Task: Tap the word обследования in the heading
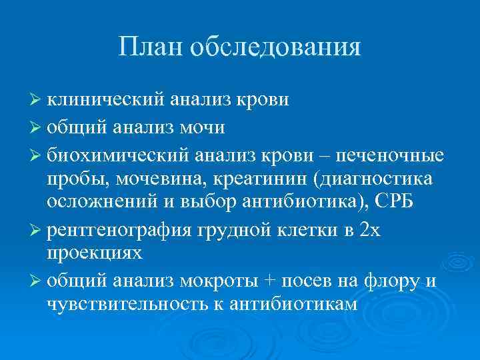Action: [x=275, y=47]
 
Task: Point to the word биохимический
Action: [x=117, y=155]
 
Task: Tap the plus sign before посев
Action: [x=270, y=281]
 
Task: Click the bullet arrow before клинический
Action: [x=36, y=101]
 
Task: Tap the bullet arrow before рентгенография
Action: [x=36, y=230]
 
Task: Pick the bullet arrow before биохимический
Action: [x=36, y=155]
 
